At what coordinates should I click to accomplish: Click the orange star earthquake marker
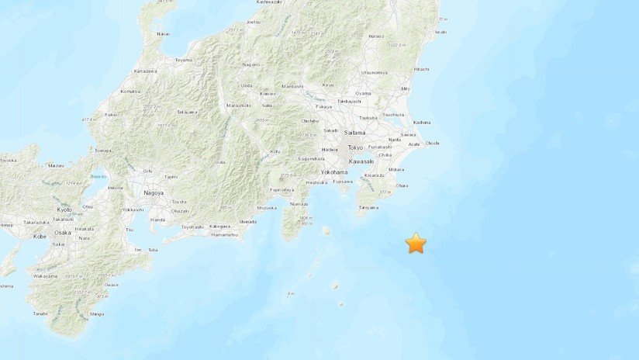[x=416, y=243]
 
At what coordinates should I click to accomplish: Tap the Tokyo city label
[x=355, y=147]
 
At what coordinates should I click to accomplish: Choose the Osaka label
[x=63, y=232]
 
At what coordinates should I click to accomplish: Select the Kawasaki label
[x=362, y=161]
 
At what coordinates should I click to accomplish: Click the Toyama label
[x=183, y=60]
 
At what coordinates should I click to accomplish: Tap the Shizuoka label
[x=267, y=208]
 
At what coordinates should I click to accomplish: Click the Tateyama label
[x=368, y=207]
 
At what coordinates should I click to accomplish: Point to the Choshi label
[x=432, y=143]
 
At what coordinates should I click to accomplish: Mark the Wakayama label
[x=45, y=275]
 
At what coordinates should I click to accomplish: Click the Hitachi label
[x=422, y=69]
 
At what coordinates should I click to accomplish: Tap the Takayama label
[x=186, y=112]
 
